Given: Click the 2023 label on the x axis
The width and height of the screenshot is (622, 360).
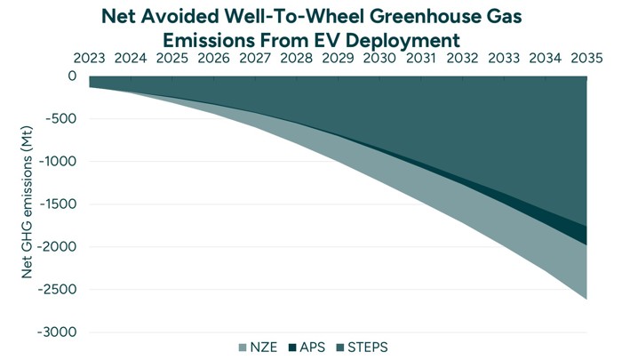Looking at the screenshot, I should click(90, 59).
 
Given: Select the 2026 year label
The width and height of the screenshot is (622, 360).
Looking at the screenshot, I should click(214, 59).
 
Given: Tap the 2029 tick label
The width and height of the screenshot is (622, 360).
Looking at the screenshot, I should click(339, 59).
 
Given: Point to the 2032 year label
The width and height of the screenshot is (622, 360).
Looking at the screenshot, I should click(462, 59).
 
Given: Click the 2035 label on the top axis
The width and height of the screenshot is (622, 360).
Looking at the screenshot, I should click(586, 59).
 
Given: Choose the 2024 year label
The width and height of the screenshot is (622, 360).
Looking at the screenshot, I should click(132, 59).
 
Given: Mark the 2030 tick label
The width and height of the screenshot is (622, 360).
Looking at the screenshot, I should click(379, 59).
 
